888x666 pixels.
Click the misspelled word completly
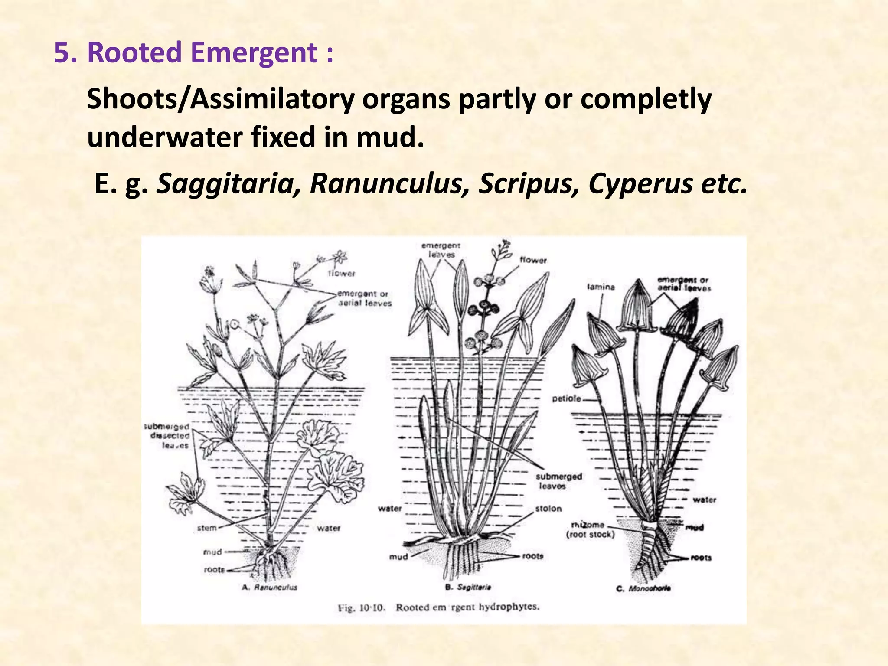click(x=646, y=99)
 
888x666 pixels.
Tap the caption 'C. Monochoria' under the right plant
click(x=643, y=588)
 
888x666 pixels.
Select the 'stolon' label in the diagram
click(x=548, y=508)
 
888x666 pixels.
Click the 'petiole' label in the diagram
click(x=566, y=398)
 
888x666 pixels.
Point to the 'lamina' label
click(x=601, y=287)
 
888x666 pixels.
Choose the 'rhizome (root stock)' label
click(x=590, y=529)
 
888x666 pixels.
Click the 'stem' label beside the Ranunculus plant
click(x=207, y=528)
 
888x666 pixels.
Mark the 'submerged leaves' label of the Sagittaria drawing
click(x=558, y=481)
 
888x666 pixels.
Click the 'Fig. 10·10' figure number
click(x=361, y=607)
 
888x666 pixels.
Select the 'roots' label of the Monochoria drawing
click(x=701, y=558)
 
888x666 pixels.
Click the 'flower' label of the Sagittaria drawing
click(x=533, y=260)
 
